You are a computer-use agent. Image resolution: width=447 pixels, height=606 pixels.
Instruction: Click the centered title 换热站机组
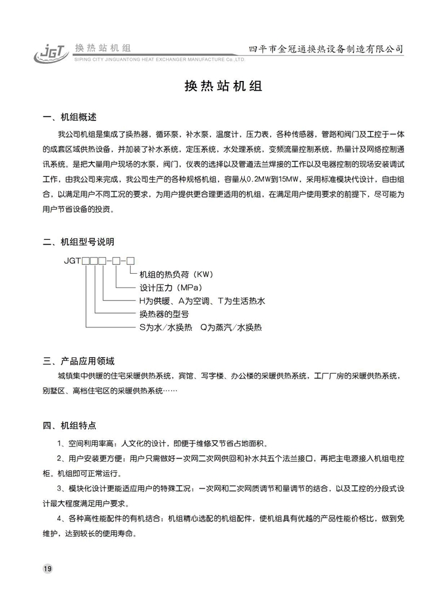223,86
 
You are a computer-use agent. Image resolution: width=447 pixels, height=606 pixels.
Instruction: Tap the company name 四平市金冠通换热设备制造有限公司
325,49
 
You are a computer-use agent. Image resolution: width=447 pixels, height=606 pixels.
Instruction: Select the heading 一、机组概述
70,117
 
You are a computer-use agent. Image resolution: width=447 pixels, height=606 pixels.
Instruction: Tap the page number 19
48,568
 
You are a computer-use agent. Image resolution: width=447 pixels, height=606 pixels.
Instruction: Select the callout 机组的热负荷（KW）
176,274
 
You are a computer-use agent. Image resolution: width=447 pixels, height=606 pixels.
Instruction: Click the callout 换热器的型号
164,314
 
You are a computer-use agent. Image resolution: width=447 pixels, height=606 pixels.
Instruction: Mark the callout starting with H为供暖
201,301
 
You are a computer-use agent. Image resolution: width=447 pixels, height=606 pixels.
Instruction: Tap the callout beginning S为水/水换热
200,327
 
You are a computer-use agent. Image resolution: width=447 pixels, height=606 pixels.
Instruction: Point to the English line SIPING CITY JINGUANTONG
158,60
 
